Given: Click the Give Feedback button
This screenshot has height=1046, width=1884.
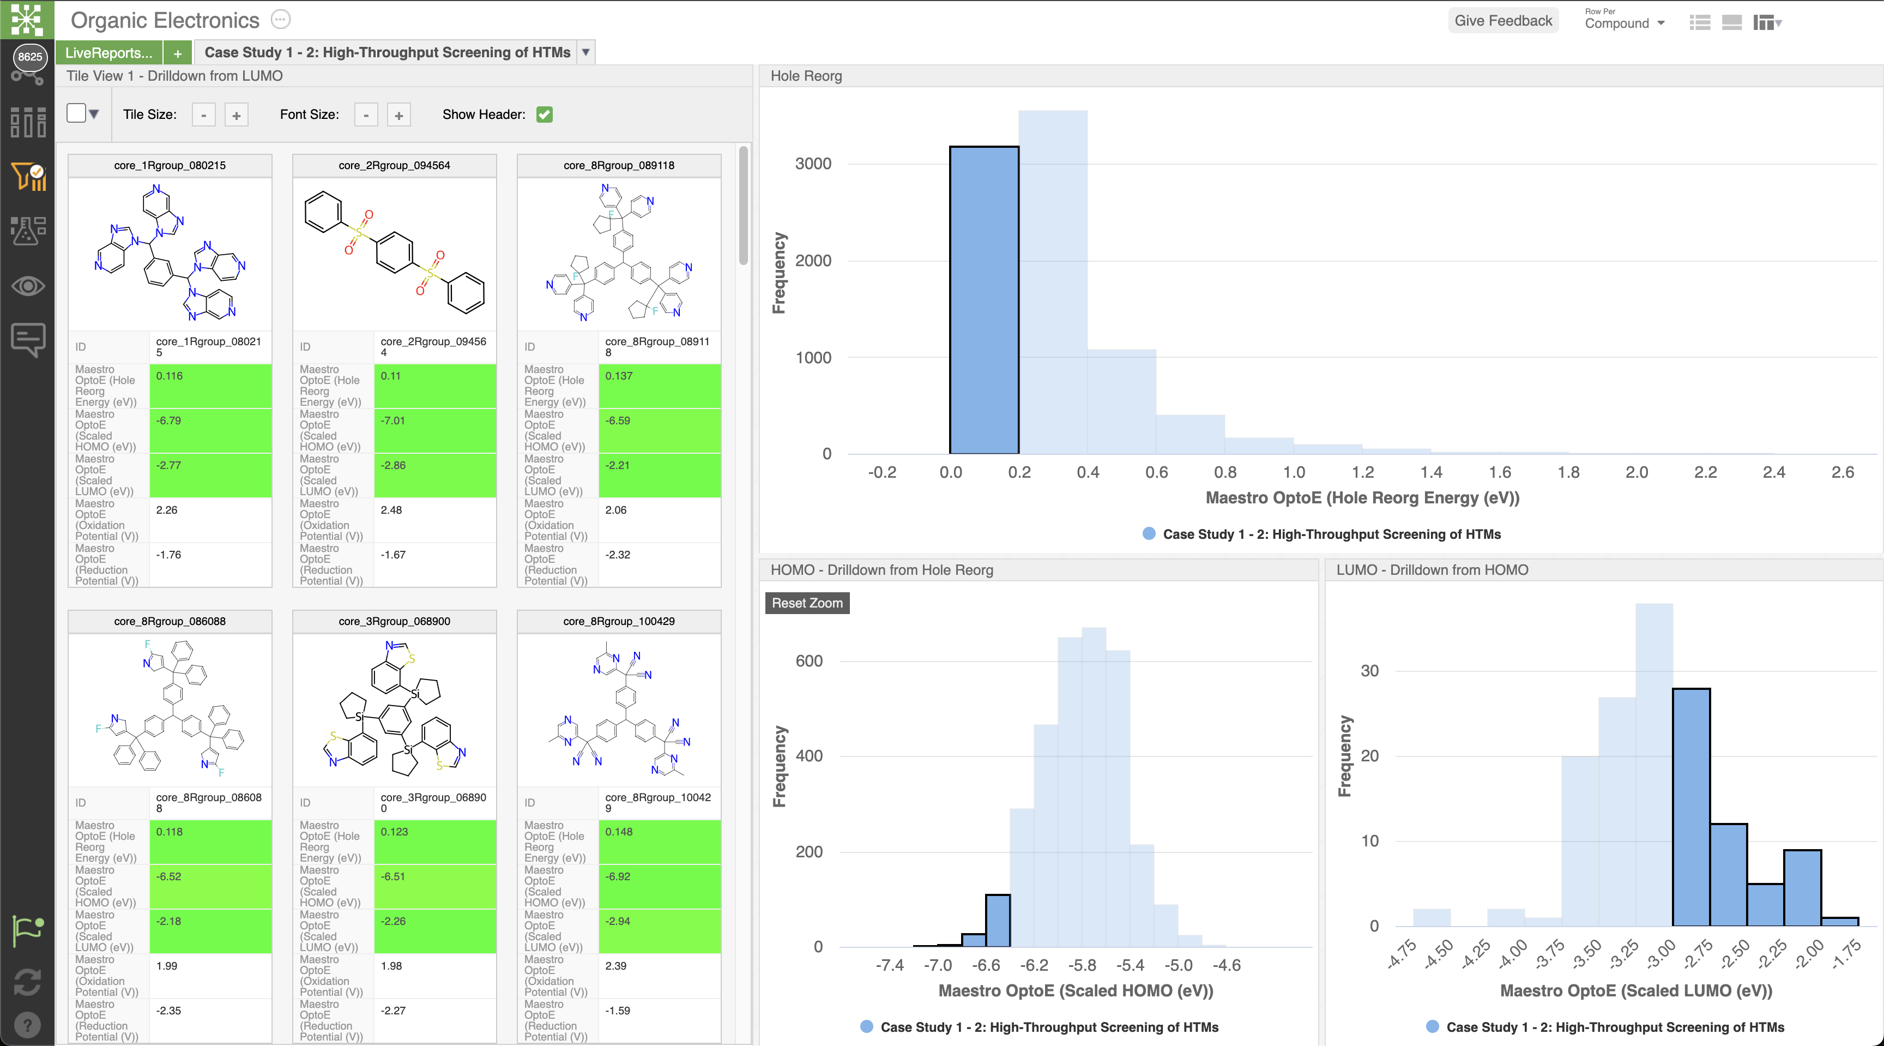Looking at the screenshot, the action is pos(1503,21).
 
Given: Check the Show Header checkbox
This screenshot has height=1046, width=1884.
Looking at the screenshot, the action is pos(544,114).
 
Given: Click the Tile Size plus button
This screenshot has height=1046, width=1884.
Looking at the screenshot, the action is pos(236,115).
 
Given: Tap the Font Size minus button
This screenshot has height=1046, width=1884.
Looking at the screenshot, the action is pos(366,115).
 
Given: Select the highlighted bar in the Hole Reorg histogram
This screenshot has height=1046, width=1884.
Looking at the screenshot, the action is pos(983,300).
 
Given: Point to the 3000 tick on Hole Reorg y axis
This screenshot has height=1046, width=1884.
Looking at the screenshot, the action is pos(813,163).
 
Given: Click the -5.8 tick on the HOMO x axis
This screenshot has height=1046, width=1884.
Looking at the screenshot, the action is pos(1082,965).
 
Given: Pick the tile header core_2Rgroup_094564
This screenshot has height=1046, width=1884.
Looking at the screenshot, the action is pos(394,165).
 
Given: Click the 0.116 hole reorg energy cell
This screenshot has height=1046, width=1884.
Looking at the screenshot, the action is pos(210,386).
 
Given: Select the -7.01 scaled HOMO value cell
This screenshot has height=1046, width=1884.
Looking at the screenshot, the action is pos(435,430).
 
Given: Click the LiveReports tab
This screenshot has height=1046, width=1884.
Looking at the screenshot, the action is pos(109,53).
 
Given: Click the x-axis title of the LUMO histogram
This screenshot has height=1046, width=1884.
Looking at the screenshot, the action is pos(1636,990).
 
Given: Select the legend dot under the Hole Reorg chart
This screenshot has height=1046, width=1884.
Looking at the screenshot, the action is pos(1149,534).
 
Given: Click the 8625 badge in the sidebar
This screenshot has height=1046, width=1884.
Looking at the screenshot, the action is pos(29,56).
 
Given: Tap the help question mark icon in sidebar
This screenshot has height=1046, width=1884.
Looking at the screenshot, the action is pos(27,1024).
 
